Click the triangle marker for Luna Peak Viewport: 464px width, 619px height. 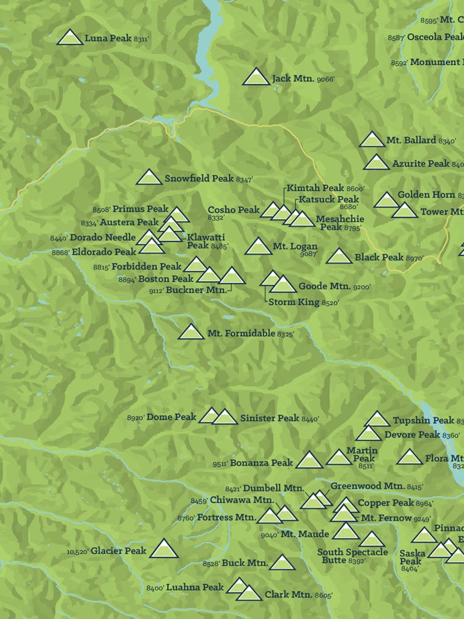70,38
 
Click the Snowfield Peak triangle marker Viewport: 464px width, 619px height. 149,178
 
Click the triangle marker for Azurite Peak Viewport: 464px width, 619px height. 376,163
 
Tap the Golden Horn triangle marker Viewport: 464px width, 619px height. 386,200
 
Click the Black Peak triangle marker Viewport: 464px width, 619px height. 339,257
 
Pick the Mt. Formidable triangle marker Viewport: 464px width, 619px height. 191,333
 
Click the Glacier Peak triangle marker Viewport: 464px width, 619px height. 164,549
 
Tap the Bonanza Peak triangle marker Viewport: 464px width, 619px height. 309,461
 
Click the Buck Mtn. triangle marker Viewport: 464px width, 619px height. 283,563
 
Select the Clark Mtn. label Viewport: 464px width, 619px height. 288,594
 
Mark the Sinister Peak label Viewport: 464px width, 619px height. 269,418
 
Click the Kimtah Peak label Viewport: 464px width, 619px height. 316,188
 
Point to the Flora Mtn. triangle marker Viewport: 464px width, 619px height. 410,458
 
